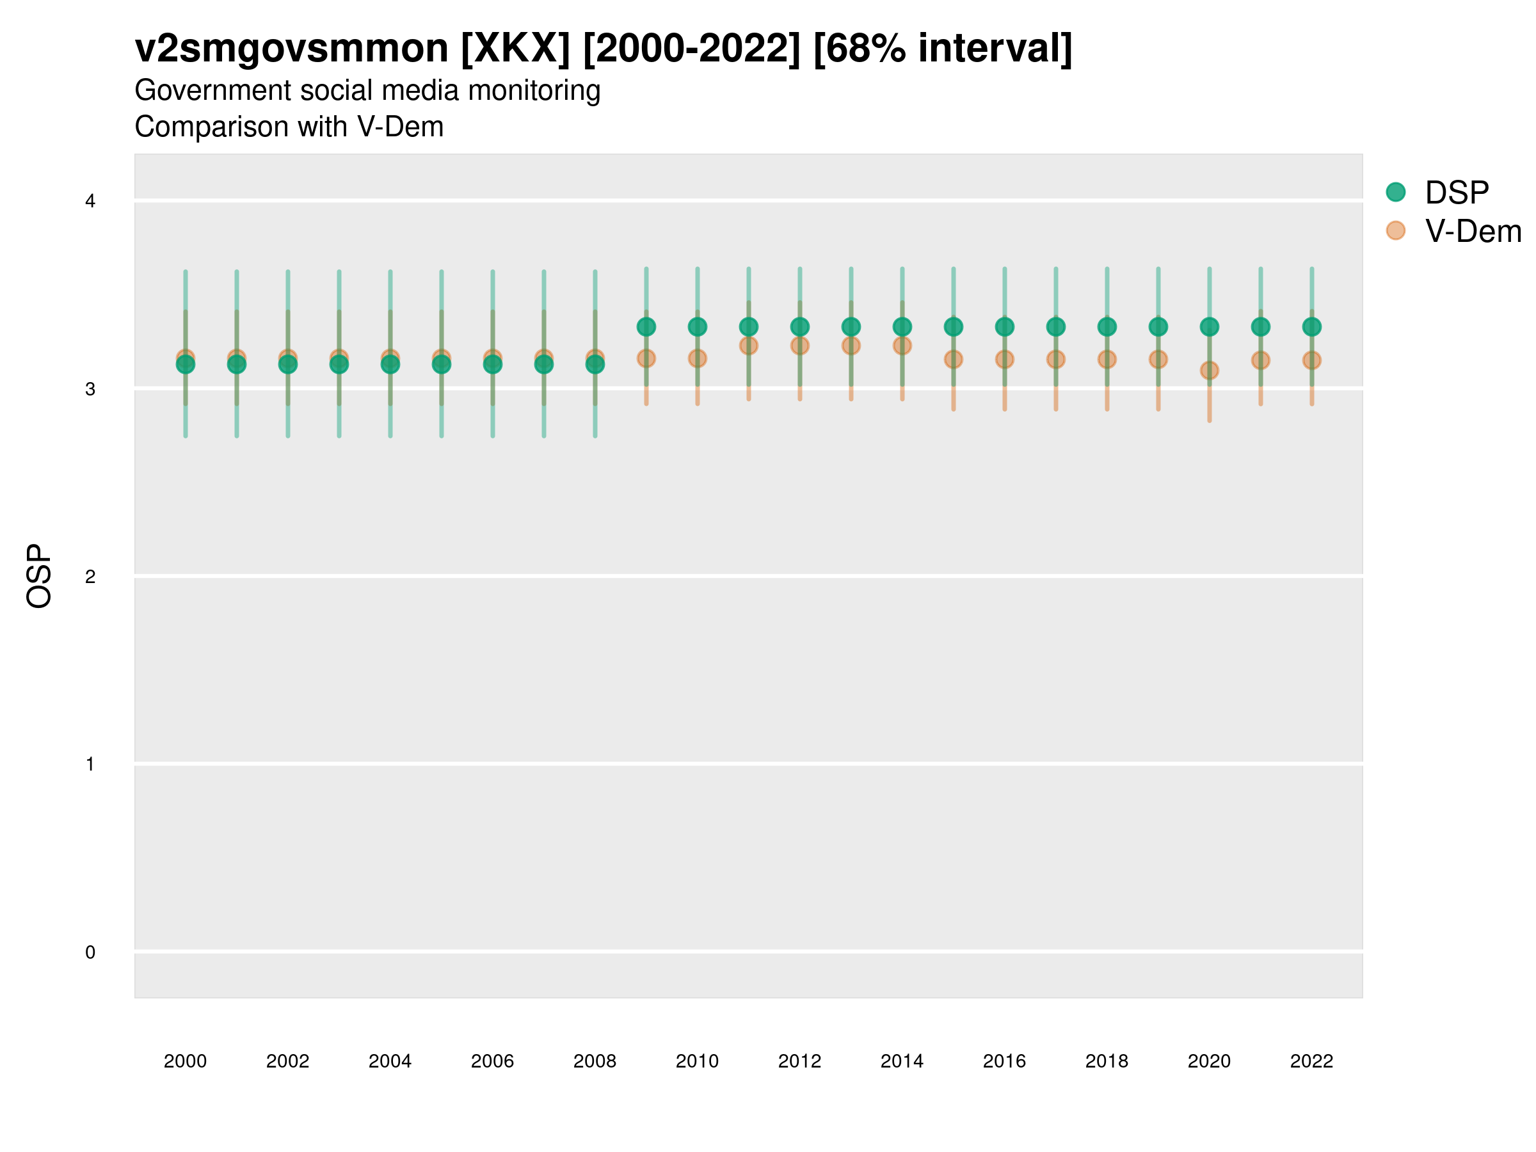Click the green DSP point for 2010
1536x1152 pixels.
click(697, 326)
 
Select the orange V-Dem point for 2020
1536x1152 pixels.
click(1209, 370)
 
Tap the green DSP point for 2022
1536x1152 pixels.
click(1311, 326)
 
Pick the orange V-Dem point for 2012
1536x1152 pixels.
click(799, 346)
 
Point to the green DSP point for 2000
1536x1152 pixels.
click(186, 365)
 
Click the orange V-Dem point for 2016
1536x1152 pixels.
click(1004, 359)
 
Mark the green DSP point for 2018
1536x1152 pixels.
click(1107, 326)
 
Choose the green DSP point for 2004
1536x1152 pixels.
click(390, 365)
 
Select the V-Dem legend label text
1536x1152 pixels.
click(1473, 231)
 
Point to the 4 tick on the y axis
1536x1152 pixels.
click(90, 202)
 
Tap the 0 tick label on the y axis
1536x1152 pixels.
click(90, 952)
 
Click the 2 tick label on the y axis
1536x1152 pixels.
click(90, 577)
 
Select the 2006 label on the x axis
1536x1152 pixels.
click(492, 1061)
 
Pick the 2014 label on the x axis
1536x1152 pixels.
click(902, 1061)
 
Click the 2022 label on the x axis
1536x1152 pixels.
click(1311, 1061)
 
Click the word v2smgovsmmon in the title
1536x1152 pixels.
click(292, 49)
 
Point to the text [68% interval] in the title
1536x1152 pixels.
click(942, 49)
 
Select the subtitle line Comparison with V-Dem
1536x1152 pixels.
click(289, 127)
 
